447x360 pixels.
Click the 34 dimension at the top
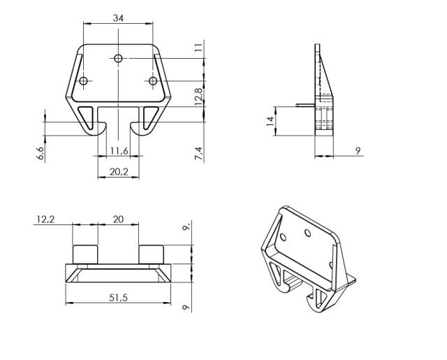click(x=119, y=18)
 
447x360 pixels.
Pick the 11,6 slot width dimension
click(x=119, y=151)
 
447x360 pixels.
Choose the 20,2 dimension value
click(x=118, y=170)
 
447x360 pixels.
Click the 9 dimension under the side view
click(x=358, y=150)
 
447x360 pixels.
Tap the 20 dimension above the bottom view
click(x=118, y=219)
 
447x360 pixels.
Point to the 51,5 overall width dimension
click(x=118, y=298)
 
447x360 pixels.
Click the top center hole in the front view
click(x=119, y=57)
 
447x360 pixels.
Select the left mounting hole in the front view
click(x=84, y=81)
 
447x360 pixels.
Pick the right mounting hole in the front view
click(x=153, y=81)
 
